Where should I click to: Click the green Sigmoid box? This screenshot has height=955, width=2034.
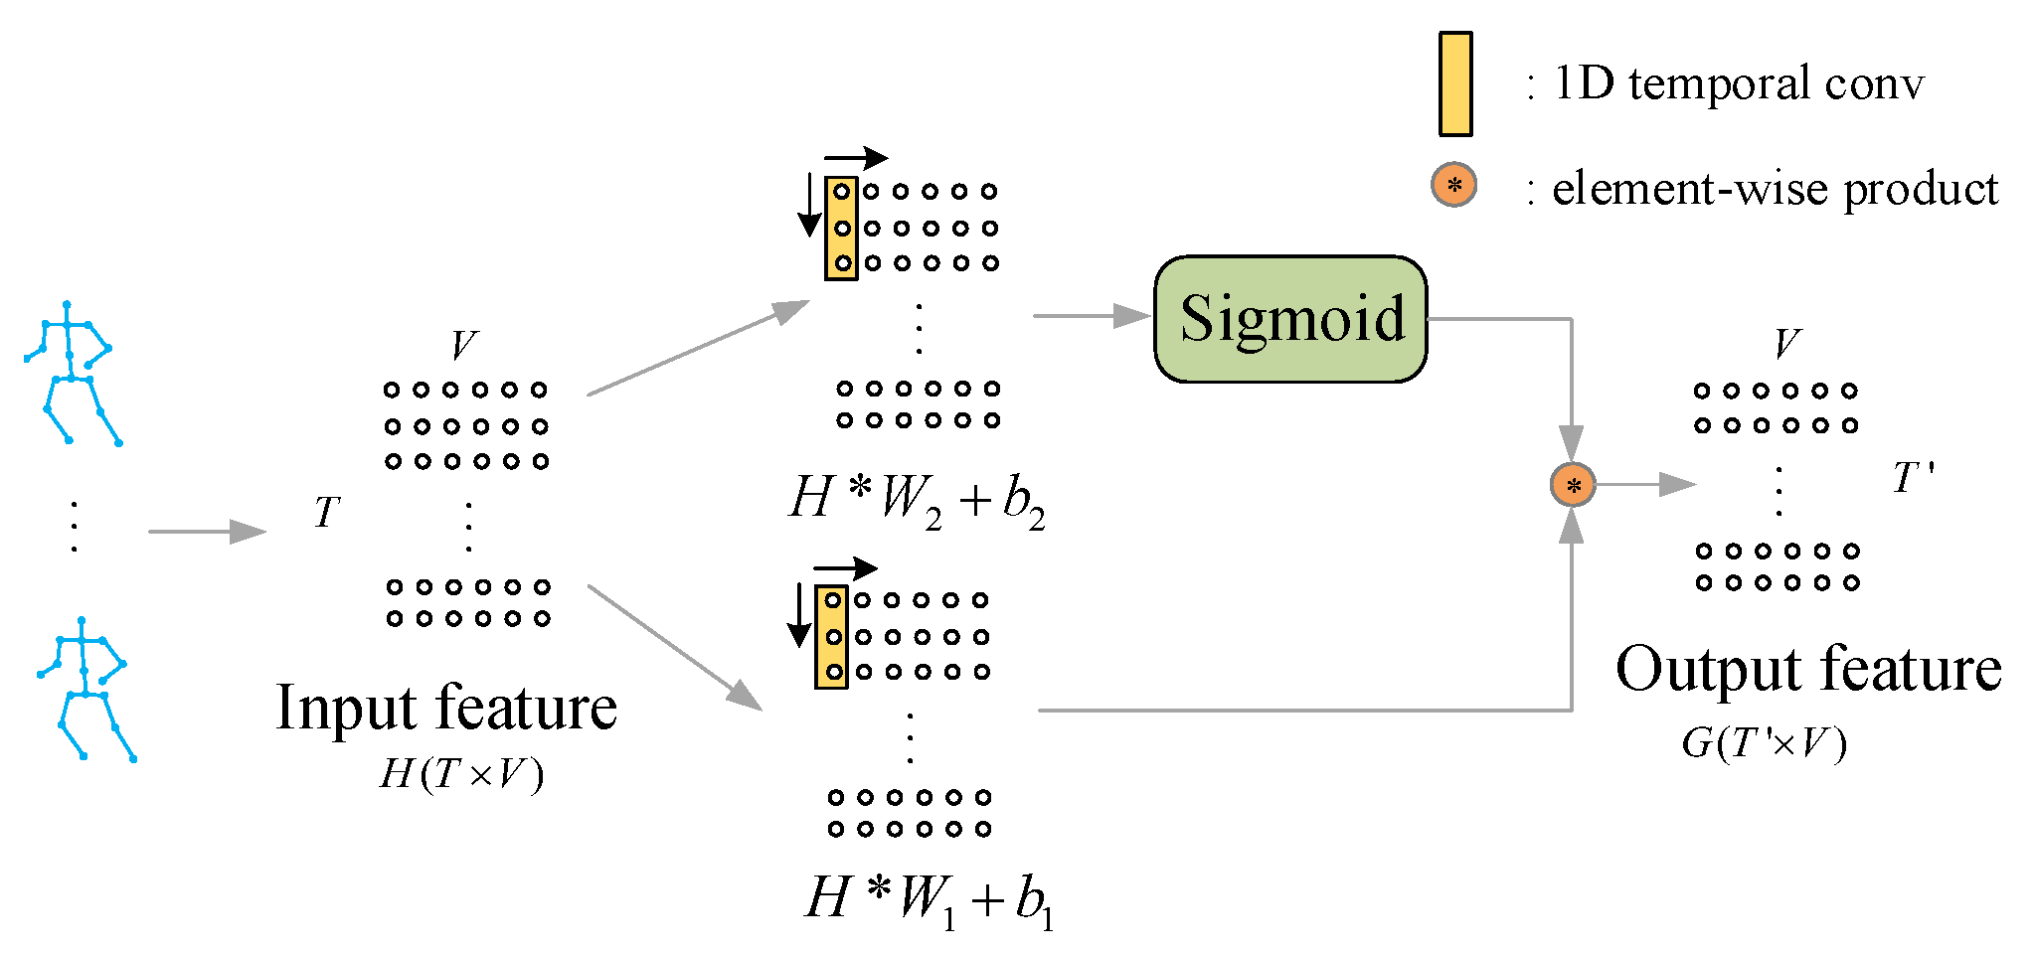(x=1289, y=319)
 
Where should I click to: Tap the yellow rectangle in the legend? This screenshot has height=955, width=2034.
(x=1455, y=83)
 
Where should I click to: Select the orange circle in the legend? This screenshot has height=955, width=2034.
(x=1453, y=185)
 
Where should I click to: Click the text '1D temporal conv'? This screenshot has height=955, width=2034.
(x=1738, y=83)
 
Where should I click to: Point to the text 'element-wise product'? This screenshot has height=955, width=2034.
(x=1774, y=189)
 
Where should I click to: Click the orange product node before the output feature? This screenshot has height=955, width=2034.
(x=1573, y=485)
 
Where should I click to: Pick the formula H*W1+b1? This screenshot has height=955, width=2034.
(x=929, y=899)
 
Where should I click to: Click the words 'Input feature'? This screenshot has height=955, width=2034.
(x=446, y=708)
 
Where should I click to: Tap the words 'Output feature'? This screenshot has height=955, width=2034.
(x=1807, y=669)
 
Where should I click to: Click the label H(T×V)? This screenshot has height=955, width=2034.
(x=461, y=774)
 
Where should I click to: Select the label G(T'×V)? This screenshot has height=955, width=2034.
(x=1764, y=743)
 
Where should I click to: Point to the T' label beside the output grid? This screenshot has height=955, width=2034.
(x=1912, y=478)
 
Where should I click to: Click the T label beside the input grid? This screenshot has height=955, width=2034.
(x=327, y=513)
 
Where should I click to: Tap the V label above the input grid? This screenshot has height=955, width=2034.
(x=463, y=346)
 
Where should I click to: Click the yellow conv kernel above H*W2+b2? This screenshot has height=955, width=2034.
(x=841, y=229)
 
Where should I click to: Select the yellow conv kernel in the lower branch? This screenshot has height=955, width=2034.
(x=831, y=637)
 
